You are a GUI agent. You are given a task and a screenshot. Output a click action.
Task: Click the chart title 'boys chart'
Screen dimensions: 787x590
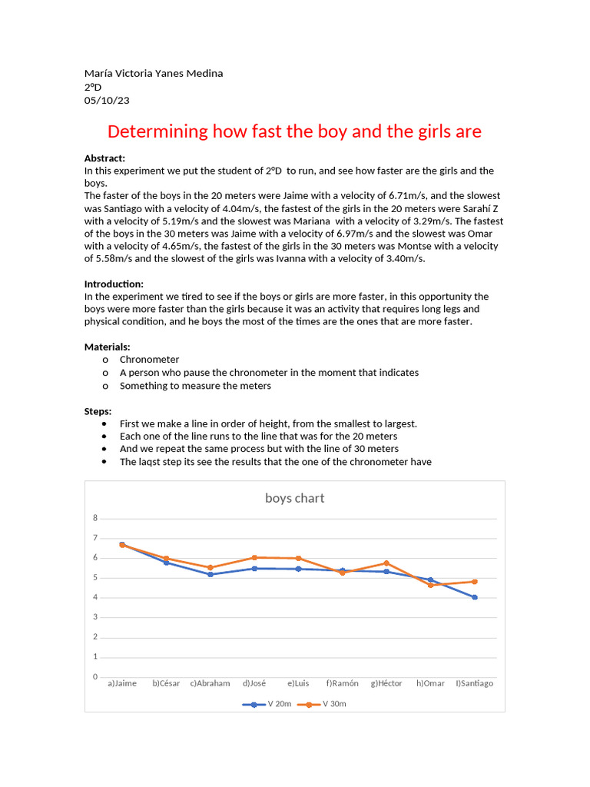click(294, 498)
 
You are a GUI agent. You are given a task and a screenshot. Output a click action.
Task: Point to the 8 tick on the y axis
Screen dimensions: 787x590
click(95, 518)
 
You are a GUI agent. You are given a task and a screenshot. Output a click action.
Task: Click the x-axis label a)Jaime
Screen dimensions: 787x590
click(122, 683)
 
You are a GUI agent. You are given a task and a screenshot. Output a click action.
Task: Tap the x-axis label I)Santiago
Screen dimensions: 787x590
click(475, 683)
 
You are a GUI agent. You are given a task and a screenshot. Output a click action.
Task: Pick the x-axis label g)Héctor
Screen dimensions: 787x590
click(386, 683)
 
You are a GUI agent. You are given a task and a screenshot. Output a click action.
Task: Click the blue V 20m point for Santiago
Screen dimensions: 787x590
click(475, 597)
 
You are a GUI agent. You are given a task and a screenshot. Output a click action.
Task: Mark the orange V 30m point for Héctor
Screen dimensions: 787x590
click(386, 563)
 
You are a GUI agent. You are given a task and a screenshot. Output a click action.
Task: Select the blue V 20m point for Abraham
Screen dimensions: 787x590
click(210, 574)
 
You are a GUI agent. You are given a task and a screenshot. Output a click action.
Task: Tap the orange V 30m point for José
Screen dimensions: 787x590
click(254, 557)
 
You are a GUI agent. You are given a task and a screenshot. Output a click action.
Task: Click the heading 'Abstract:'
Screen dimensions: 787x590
click(104, 158)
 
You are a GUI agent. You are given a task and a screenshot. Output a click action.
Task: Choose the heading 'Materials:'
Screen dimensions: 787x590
click(107, 347)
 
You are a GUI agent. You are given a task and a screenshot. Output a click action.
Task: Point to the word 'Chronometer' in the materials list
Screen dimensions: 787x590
click(149, 359)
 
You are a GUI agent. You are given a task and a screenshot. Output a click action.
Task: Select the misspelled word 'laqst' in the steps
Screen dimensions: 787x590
click(151, 462)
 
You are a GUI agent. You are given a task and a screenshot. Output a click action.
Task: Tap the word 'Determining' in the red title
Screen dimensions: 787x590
click(157, 131)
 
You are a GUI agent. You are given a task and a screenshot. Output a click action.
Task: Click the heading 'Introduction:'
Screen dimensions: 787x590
click(114, 284)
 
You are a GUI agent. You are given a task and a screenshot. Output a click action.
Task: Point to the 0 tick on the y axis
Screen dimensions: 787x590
click(95, 676)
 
